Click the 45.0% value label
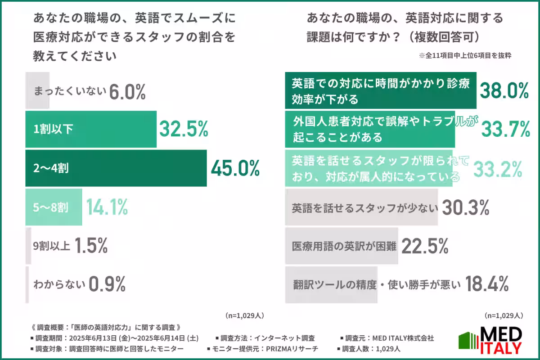coord(235,168)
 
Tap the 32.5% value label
coord(183,129)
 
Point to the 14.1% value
coord(107,207)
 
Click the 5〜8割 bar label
coord(51,207)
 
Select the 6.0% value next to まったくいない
coord(126,91)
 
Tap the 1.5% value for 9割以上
coord(91,246)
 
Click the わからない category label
coord(59,284)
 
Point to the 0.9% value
coord(107,284)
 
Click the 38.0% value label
coord(504,90)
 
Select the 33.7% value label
coord(505,130)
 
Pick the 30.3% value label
coord(465,207)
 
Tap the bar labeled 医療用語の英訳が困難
coord(342,246)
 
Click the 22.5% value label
coord(424,246)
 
